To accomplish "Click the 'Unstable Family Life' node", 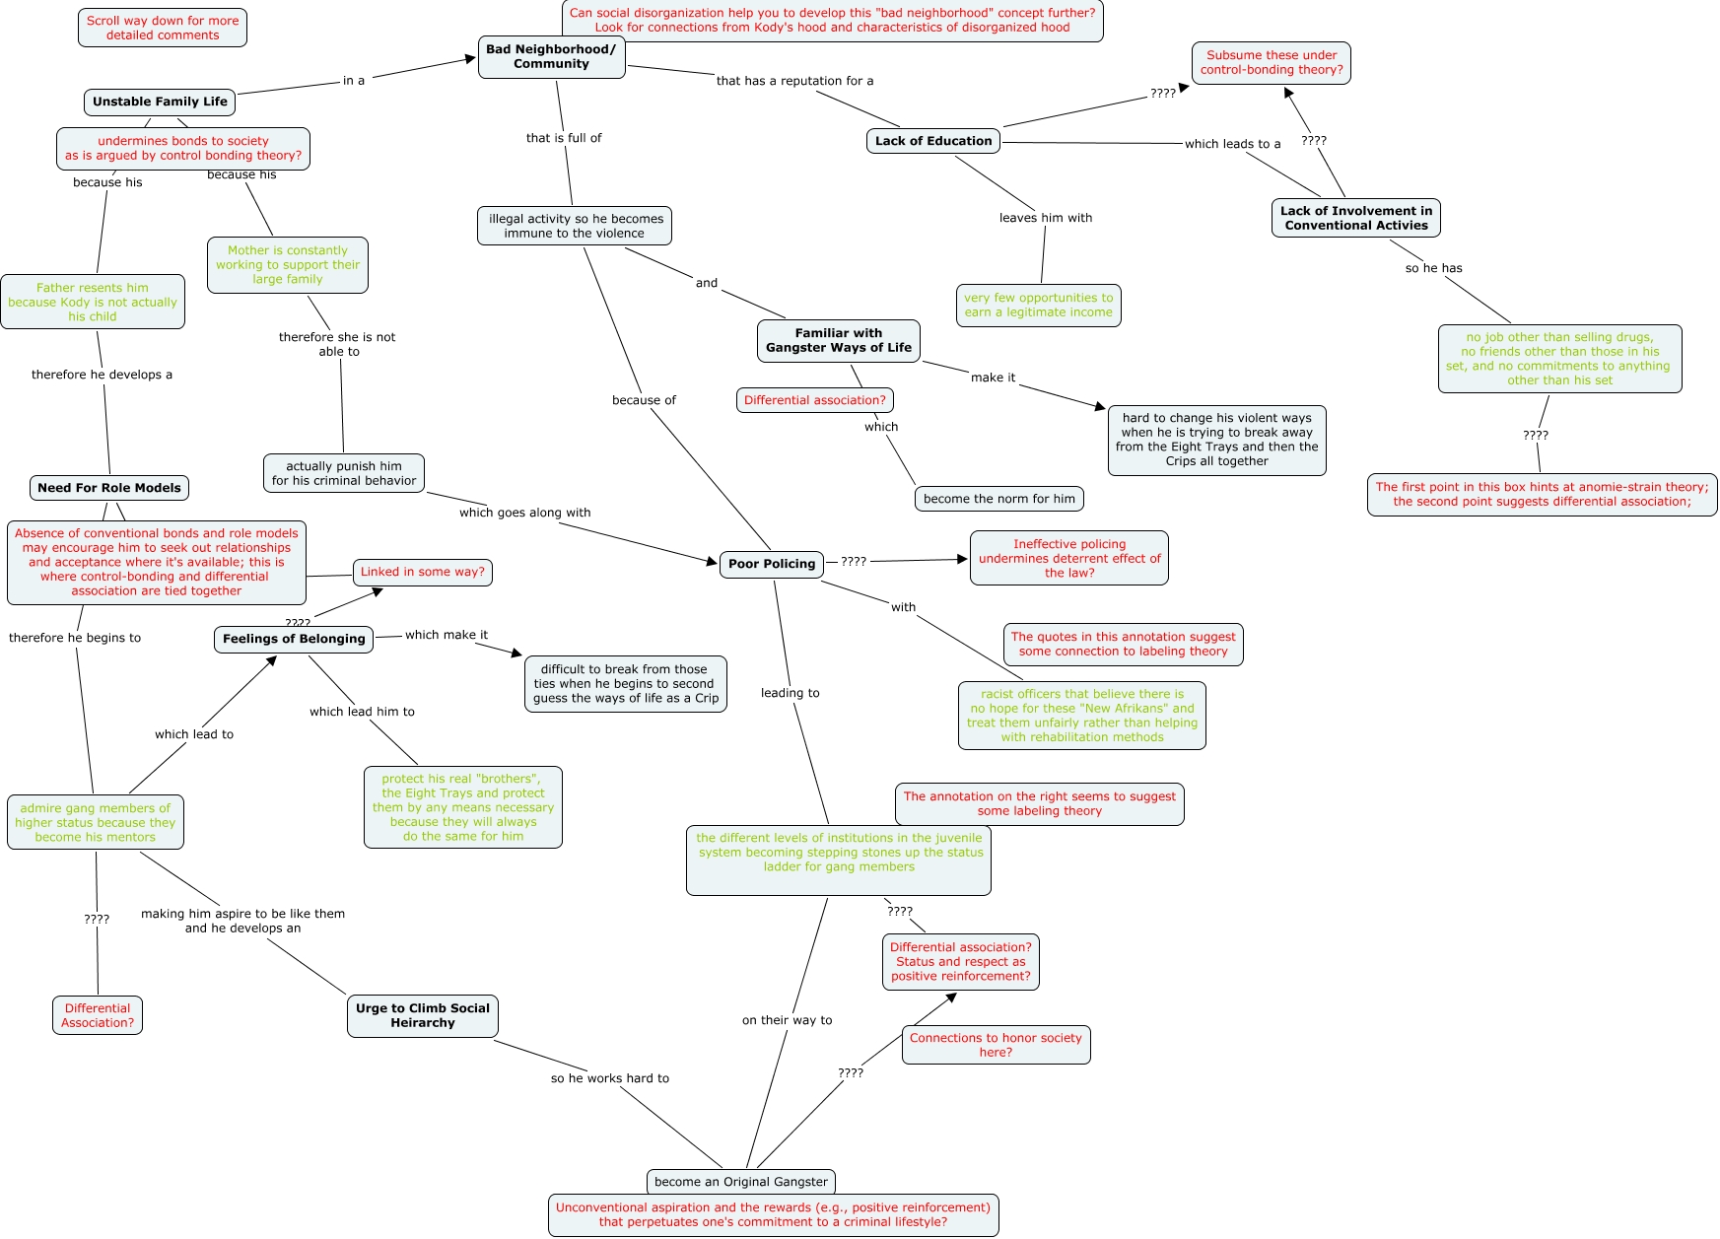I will pyautogui.click(x=160, y=102).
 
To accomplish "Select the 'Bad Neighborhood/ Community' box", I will pyautogui.click(x=551, y=57).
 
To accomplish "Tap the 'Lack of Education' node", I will pyautogui.click(x=933, y=141).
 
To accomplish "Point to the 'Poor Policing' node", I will pyautogui.click(x=772, y=564).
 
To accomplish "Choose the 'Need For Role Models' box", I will pyautogui.click(x=109, y=488).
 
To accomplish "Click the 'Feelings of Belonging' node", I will pyautogui.click(x=294, y=639).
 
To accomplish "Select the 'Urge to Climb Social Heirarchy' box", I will pyautogui.click(x=422, y=1015).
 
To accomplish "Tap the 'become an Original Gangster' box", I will pyautogui.click(x=741, y=1182).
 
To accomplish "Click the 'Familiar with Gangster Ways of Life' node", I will pyautogui.click(x=839, y=340).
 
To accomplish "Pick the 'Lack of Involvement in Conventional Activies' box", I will pyautogui.click(x=1355, y=218).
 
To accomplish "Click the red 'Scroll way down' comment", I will pyautogui.click(x=163, y=28).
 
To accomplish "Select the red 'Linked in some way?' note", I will pyautogui.click(x=422, y=572).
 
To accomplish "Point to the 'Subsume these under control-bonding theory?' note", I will pyautogui.click(x=1272, y=63).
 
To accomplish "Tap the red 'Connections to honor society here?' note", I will pyautogui.click(x=996, y=1045).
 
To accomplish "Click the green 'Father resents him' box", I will pyautogui.click(x=93, y=302).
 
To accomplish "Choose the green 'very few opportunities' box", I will pyautogui.click(x=1038, y=305).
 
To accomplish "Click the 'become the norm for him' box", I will pyautogui.click(x=998, y=499).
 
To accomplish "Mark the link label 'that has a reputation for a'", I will pyautogui.click(x=794, y=81).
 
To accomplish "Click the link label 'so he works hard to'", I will pyautogui.click(x=609, y=1078).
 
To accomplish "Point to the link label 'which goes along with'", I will pyautogui.click(x=524, y=513).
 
